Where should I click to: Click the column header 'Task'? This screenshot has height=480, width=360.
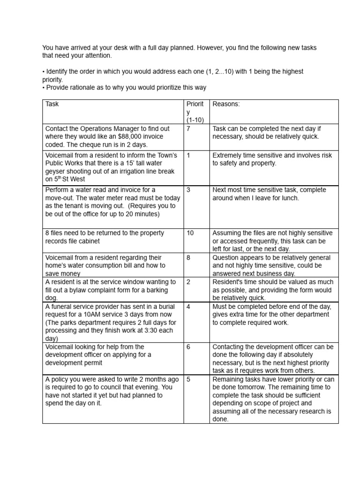click(52, 104)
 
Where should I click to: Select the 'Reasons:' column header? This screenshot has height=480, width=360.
click(226, 104)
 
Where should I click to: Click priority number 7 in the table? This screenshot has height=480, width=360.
click(188, 128)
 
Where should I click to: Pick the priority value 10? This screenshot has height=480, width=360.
click(190, 233)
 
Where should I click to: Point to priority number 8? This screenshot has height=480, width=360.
click(188, 257)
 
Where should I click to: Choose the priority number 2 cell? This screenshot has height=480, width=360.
click(188, 282)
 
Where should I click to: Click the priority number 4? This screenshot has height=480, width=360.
click(188, 307)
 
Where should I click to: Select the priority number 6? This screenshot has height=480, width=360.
click(188, 347)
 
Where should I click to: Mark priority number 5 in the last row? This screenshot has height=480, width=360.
click(188, 379)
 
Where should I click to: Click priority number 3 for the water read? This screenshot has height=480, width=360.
click(188, 190)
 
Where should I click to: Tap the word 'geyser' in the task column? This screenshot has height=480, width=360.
click(55, 171)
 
